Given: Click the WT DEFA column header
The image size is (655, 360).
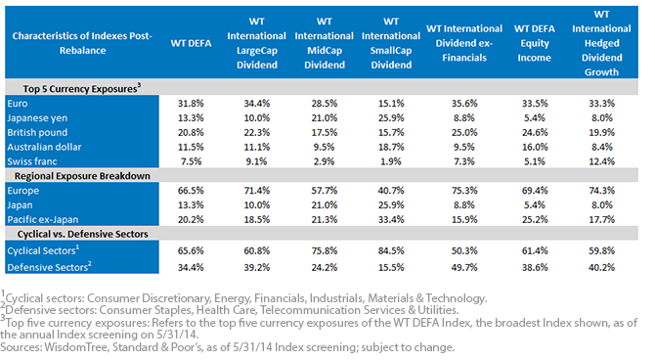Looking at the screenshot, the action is pos(191,43).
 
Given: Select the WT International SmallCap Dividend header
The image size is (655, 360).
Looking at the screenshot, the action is pos(391,43).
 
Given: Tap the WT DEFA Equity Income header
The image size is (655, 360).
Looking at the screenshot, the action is pos(535,43).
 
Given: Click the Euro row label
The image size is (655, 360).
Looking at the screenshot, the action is pos(18,104).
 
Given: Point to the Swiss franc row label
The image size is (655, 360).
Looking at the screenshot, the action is pos(31,161).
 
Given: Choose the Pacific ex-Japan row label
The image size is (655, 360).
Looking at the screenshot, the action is pos(43,219).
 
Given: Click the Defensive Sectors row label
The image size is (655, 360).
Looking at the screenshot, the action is pos(49,267).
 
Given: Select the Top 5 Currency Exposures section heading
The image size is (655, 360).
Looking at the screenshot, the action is pos(82,88).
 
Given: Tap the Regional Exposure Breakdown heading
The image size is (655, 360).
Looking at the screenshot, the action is pos(82,176).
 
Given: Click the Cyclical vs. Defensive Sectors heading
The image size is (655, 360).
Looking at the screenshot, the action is pos(83,234).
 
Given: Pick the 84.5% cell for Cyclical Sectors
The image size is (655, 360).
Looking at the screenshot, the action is pos(391,250).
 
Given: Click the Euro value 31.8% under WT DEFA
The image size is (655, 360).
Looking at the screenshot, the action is pos(191,104).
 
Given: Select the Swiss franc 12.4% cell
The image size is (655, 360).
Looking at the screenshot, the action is pos(601,161).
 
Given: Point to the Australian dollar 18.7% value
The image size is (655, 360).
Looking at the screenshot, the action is pos(391,147).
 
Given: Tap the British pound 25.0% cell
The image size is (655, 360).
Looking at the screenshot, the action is pos(464,132).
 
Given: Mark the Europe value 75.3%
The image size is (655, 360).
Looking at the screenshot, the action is pos(464,191).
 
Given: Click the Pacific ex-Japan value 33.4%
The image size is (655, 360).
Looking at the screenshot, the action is pos(391,219).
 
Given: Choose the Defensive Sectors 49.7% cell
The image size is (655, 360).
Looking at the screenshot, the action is pos(464,267).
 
